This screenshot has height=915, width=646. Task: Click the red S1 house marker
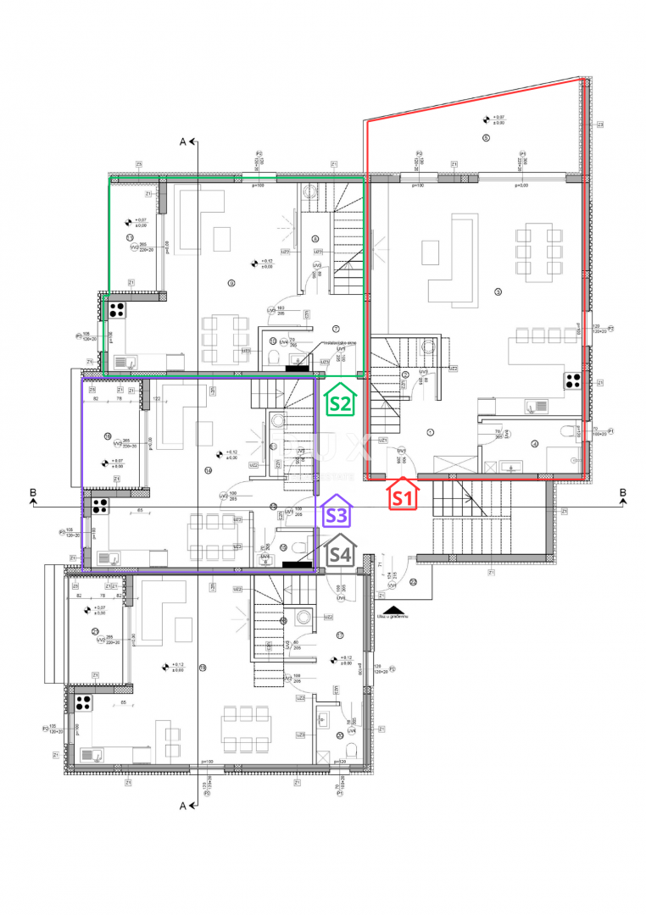(x=401, y=495)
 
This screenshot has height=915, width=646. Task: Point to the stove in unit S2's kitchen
(x=115, y=310)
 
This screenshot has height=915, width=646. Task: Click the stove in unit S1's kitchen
(x=570, y=381)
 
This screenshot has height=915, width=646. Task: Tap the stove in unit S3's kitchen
(x=98, y=507)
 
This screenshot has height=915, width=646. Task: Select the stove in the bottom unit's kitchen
(x=82, y=701)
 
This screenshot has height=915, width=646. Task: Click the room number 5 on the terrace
(x=486, y=137)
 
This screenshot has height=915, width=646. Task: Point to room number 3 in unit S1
(x=498, y=292)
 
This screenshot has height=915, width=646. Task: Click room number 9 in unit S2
(x=231, y=282)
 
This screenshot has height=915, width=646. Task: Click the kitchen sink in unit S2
(x=121, y=363)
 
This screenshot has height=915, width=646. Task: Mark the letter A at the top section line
(x=182, y=141)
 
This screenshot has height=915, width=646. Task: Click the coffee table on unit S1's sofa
(x=431, y=252)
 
